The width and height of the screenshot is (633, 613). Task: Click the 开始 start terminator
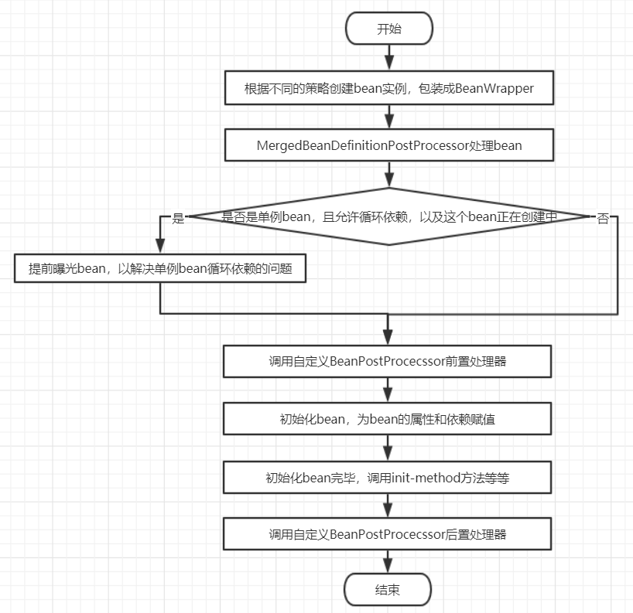tap(388, 29)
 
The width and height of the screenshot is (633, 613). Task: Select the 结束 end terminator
tap(388, 590)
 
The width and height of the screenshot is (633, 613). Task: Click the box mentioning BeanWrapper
tap(388, 88)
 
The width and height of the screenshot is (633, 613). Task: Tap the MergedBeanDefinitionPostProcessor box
tap(388, 145)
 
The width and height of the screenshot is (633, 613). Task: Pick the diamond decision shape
tap(388, 216)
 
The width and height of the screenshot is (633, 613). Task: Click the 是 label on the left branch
tap(178, 218)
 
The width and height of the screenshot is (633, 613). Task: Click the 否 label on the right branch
tap(603, 218)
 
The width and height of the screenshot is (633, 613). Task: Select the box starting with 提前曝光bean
tap(159, 268)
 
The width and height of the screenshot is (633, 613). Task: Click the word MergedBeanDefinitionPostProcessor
tap(362, 145)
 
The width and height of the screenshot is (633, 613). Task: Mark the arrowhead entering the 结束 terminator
tap(388, 567)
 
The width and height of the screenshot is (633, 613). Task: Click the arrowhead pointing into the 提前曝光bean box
tap(159, 247)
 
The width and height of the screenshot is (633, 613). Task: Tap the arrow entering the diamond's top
tap(388, 174)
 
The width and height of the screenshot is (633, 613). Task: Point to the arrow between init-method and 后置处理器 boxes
tap(388, 506)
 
